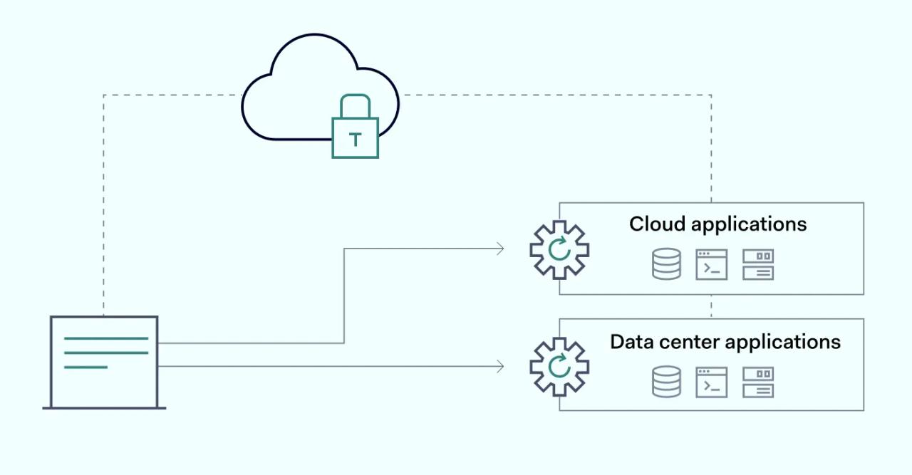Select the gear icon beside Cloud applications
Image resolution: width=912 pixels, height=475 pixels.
click(x=559, y=249)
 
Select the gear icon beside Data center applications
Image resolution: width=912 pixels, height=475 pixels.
click(x=559, y=367)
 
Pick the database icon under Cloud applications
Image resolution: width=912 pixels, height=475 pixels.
click(x=666, y=264)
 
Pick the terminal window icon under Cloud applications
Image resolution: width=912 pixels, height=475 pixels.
click(x=711, y=264)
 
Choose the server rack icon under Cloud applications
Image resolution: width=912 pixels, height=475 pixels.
click(x=757, y=264)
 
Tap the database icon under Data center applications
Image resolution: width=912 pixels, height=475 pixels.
click(x=666, y=382)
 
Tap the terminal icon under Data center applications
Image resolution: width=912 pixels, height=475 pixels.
click(x=711, y=382)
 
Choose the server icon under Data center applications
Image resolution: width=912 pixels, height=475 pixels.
click(x=757, y=382)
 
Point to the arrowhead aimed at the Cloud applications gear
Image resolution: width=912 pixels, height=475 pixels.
click(x=500, y=249)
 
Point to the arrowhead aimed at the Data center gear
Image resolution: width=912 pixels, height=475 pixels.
click(x=500, y=366)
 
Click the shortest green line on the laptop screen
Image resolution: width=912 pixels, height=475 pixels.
click(x=85, y=367)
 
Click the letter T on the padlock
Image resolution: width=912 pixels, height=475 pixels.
click(x=355, y=139)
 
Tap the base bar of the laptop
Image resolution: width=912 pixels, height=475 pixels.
click(x=104, y=408)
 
